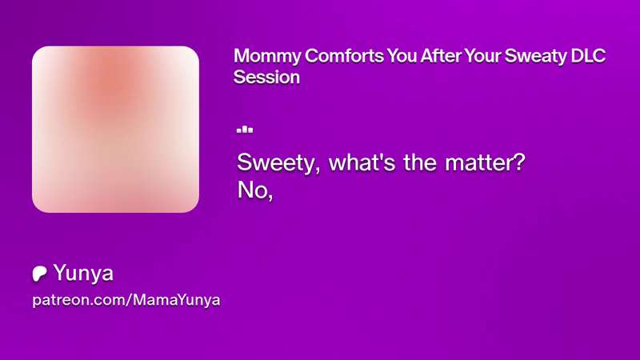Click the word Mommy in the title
coord(267,57)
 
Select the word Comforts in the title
coord(344,56)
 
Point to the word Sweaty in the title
coord(535,57)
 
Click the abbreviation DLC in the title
coord(588,56)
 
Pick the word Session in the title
coord(266,77)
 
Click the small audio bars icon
coord(245,130)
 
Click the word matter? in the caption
coord(485,162)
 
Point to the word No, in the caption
coord(255,190)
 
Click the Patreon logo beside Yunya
coord(39,274)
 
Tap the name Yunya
coord(83,274)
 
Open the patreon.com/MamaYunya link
coord(126,300)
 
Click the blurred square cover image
coord(115,130)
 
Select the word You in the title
coord(402,56)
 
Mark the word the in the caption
coord(420,162)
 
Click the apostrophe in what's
coord(378,157)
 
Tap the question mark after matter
coord(519,162)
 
